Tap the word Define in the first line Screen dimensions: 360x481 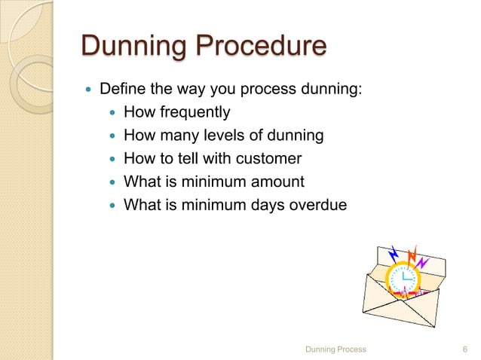[x=121, y=91]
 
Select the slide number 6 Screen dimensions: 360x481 [x=464, y=349]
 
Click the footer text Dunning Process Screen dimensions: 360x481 [x=334, y=349]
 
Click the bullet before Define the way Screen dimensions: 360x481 [x=89, y=92]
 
